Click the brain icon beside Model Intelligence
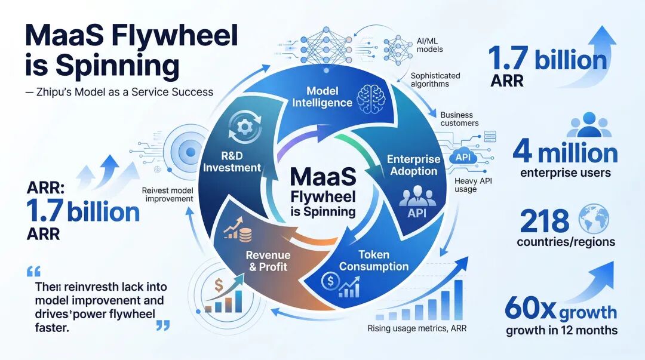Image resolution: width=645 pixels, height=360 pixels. (371, 99)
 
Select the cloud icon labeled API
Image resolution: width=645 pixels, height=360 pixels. (463, 157)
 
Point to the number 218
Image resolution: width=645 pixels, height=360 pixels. (545, 221)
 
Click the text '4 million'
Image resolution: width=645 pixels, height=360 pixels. (565, 153)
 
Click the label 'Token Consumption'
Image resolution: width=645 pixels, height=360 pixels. (374, 260)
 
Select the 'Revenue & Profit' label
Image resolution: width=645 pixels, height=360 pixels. (268, 261)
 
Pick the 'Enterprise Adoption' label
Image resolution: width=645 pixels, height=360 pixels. (413, 165)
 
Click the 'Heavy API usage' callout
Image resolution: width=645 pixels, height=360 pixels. (473, 185)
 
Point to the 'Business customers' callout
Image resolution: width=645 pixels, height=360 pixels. (459, 119)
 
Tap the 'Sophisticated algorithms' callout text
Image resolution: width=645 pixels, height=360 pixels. (435, 80)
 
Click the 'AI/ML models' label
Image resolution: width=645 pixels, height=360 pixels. (429, 45)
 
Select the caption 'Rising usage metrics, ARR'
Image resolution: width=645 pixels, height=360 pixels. (417, 328)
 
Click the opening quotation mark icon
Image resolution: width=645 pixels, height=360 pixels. (33, 272)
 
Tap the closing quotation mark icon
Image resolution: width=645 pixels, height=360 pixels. (163, 326)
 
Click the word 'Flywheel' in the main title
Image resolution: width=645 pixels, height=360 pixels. (175, 36)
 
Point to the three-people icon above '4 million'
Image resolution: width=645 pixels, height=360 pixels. (589, 125)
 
